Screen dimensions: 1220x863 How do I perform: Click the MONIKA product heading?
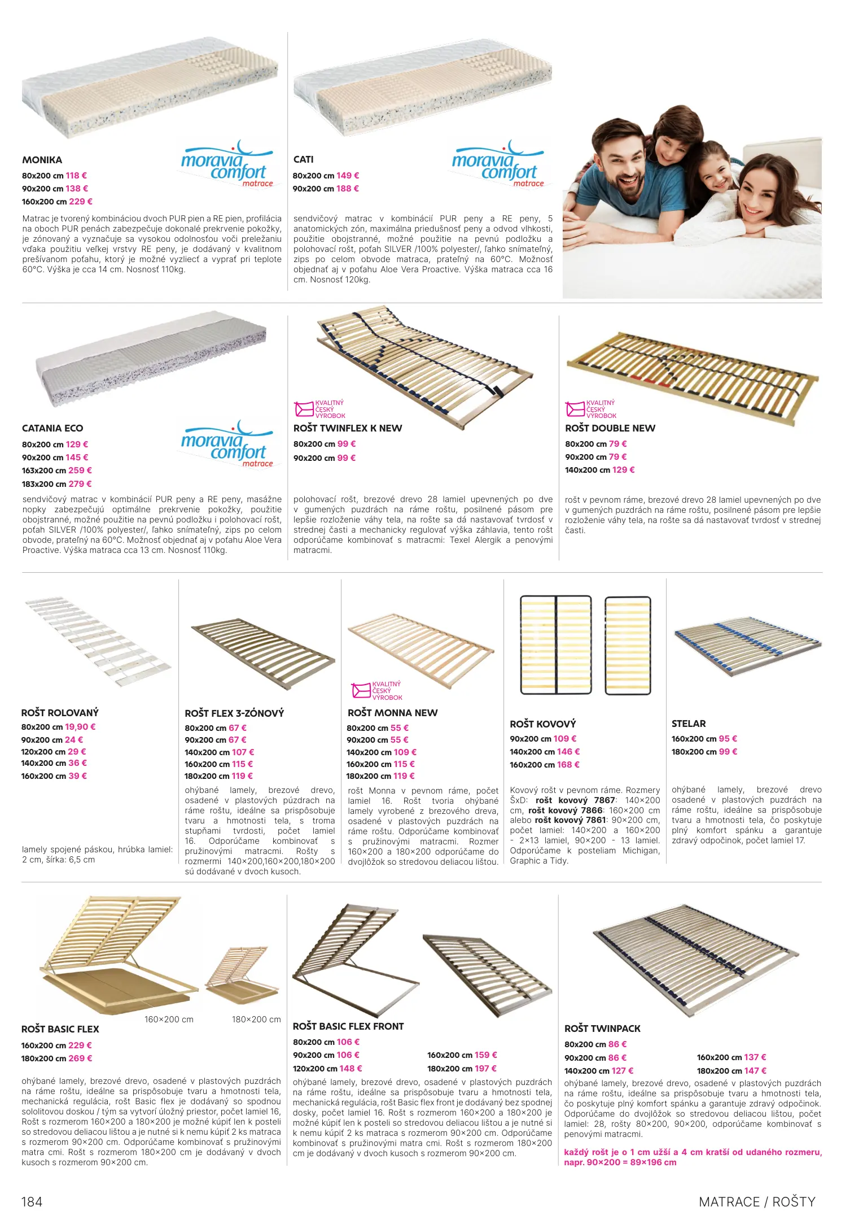42,160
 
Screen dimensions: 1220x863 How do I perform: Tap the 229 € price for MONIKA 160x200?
81,202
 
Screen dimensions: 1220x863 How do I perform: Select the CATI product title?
304,159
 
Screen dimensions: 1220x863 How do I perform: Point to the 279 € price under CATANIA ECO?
80,484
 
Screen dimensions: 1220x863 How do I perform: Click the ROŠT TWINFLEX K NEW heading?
348,428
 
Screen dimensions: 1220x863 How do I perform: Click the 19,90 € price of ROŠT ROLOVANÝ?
80,727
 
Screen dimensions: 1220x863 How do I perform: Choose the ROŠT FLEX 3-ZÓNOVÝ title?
234,713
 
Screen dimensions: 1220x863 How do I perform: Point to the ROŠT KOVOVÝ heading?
543,724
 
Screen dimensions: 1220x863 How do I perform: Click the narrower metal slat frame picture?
628,645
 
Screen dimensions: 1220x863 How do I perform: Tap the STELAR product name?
689,724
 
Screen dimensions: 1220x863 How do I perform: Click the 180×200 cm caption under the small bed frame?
256,1019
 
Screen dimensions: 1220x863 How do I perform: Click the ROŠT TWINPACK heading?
602,1029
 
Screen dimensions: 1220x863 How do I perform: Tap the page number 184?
32,1202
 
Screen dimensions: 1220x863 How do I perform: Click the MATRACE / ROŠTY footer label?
757,1202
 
